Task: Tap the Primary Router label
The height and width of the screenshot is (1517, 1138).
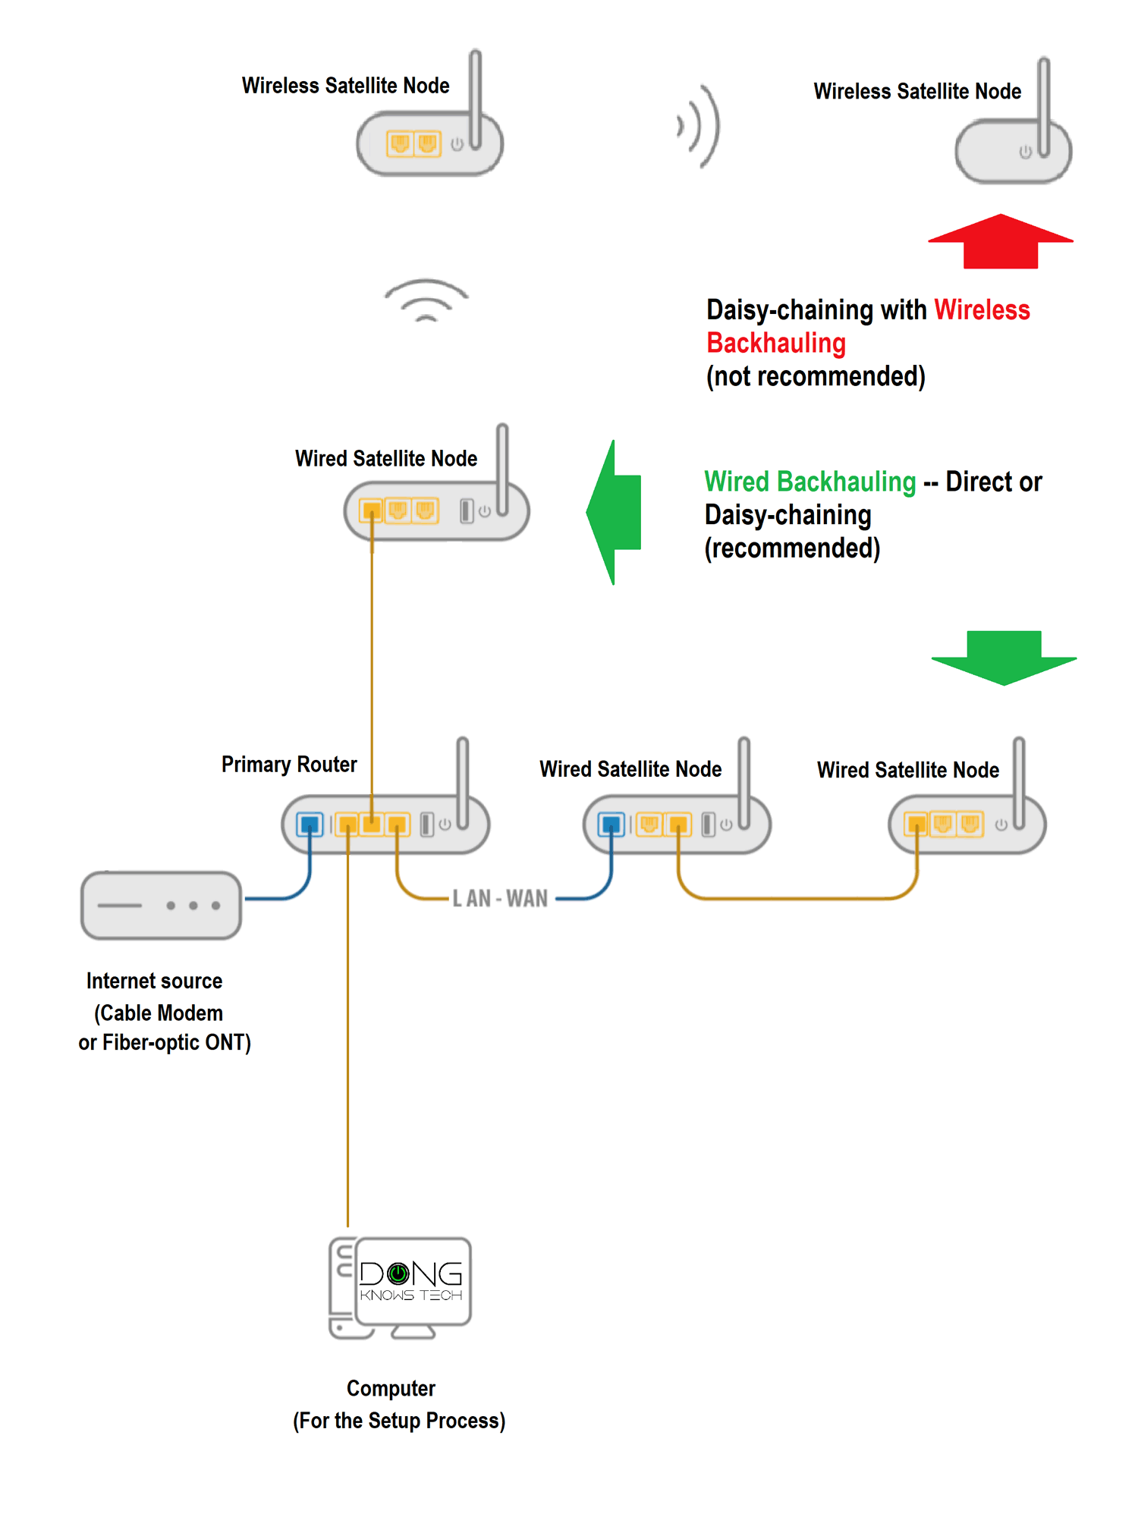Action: [289, 764]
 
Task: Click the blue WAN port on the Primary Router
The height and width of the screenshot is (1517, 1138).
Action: [310, 824]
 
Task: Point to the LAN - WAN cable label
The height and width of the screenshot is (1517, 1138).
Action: [500, 899]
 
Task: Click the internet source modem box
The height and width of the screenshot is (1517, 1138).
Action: [161, 905]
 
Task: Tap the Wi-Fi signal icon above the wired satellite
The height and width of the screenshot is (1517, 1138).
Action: [426, 301]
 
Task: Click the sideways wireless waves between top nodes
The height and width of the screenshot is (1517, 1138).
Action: [699, 126]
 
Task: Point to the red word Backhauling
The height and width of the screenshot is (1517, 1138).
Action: [775, 343]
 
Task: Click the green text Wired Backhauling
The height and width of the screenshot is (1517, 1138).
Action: [809, 482]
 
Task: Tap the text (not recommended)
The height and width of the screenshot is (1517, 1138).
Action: [816, 376]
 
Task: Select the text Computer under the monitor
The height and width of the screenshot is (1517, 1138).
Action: [391, 1388]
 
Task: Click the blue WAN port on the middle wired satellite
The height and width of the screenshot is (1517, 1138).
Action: [611, 824]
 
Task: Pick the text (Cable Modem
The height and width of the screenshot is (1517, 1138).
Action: [159, 1013]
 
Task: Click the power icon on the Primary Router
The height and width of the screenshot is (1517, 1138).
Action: [445, 824]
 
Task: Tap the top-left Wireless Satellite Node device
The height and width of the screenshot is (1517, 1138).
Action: [429, 143]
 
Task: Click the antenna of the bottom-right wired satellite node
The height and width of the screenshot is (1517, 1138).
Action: [1019, 781]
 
